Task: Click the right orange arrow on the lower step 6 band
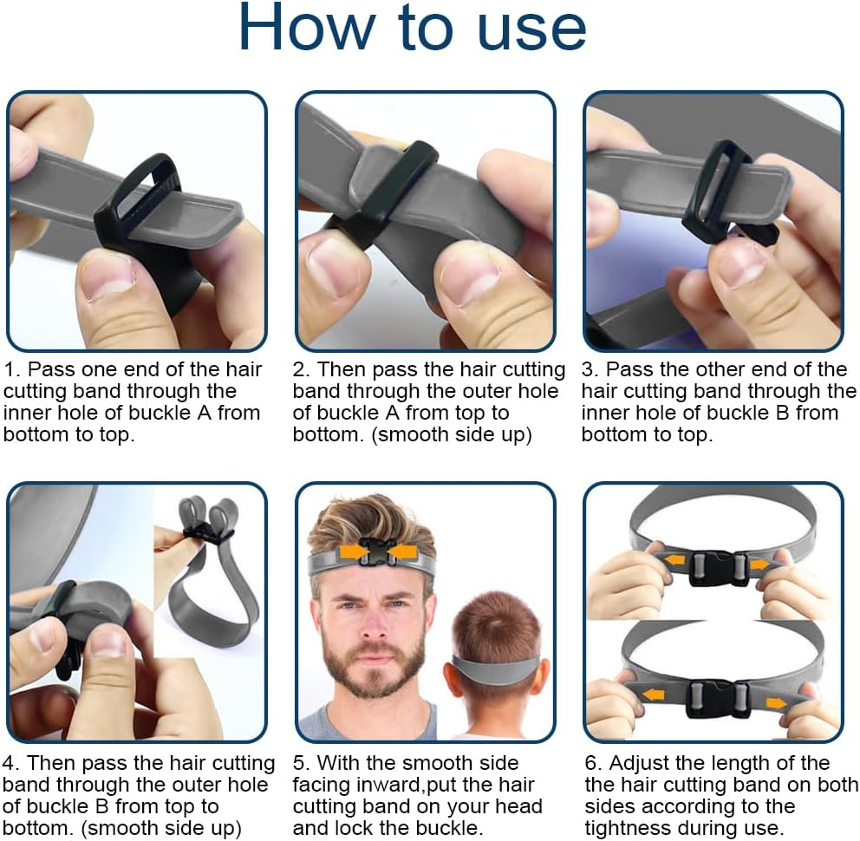(776, 703)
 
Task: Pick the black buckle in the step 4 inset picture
(205, 533)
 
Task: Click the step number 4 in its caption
(10, 764)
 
